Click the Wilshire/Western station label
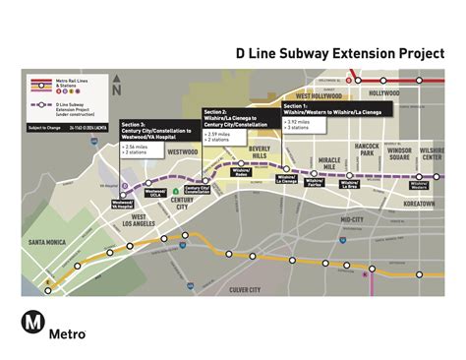[420, 184]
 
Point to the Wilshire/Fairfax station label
[315, 183]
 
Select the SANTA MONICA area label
[47, 242]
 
